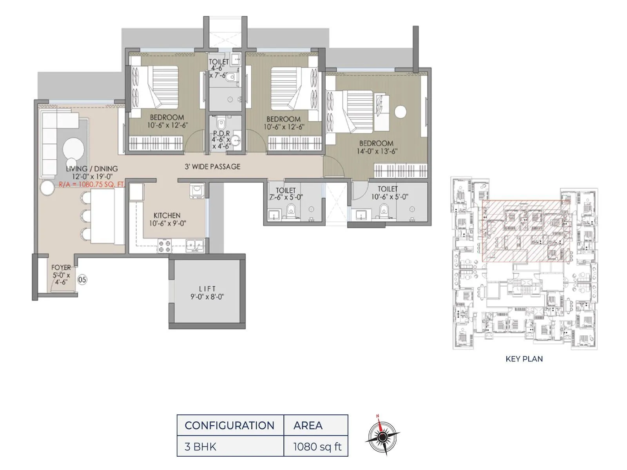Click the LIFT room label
pos(207,289)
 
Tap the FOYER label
pos(61,268)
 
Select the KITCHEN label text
pos(167,215)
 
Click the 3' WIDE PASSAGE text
pos(212,166)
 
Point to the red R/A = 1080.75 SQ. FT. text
pos(91,184)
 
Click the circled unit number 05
pos(82,280)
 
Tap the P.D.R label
pos(221,134)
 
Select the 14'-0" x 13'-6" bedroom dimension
pos(377,151)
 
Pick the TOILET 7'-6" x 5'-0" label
pos(286,194)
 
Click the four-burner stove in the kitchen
pos(165,246)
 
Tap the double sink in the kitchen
pos(195,246)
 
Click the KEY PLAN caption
pos(524,359)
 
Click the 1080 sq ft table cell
pos(317,446)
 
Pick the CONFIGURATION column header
pos(230,425)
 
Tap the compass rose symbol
pos(383,436)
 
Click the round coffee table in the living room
pos(73,149)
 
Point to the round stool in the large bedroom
pos(400,112)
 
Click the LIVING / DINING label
pos(92,169)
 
